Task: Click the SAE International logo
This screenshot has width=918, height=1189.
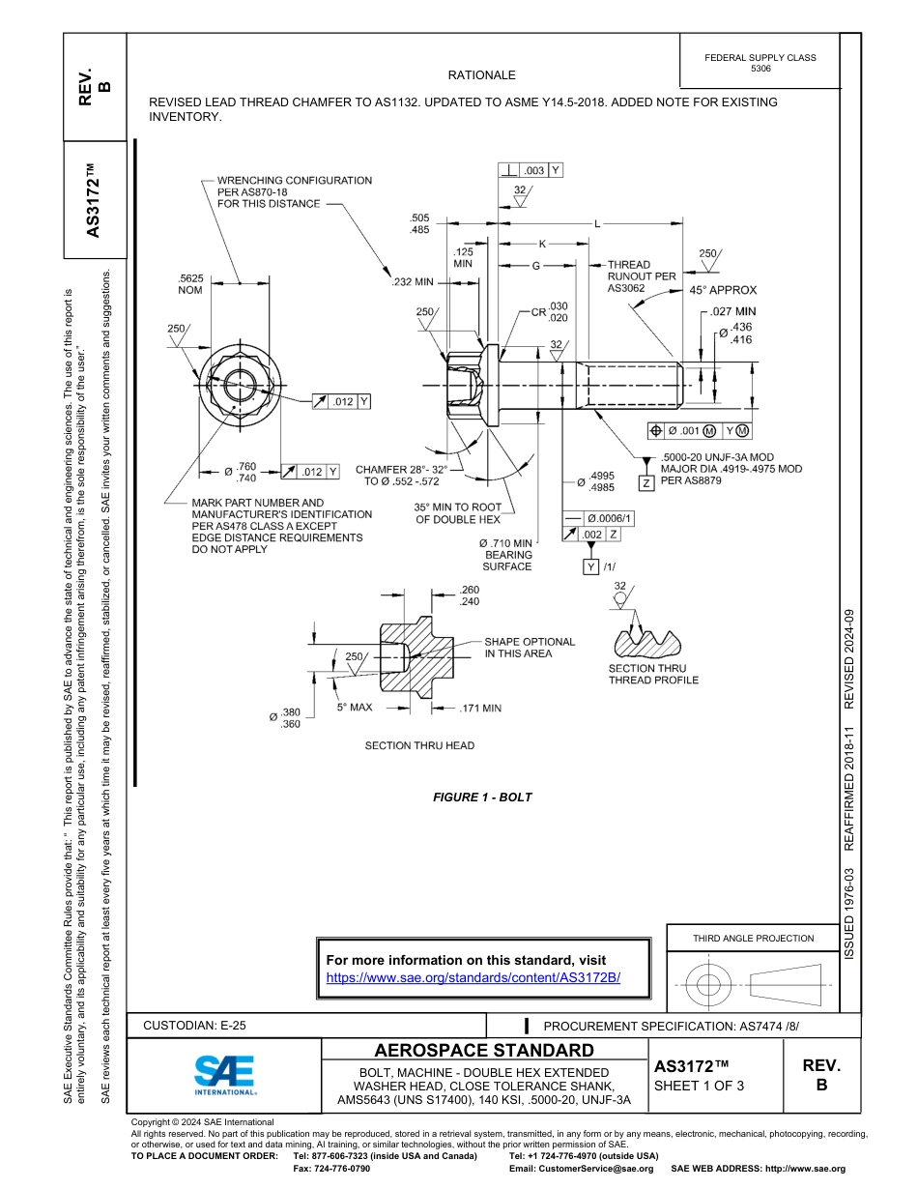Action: (224, 1073)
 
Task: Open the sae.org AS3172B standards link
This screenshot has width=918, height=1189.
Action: (473, 977)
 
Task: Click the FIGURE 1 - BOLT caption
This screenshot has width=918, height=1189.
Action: (482, 797)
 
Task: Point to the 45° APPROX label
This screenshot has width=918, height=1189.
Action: (723, 290)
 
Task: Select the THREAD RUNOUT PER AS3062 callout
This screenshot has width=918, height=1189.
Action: (641, 275)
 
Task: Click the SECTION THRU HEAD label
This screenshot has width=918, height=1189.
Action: (419, 745)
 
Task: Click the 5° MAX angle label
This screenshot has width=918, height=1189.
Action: (355, 708)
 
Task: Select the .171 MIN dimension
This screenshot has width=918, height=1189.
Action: (480, 709)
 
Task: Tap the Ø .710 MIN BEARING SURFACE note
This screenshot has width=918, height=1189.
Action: (506, 555)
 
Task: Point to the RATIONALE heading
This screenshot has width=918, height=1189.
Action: (481, 75)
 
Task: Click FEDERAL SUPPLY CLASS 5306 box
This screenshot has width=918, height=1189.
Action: (760, 63)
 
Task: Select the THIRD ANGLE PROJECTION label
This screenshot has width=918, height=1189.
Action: (753, 938)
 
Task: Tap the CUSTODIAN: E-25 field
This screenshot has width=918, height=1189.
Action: (201, 1025)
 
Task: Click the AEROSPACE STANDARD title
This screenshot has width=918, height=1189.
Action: (484, 1051)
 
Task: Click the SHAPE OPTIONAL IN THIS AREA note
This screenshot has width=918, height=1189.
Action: (529, 648)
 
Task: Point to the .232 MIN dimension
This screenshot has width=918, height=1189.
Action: (413, 282)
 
